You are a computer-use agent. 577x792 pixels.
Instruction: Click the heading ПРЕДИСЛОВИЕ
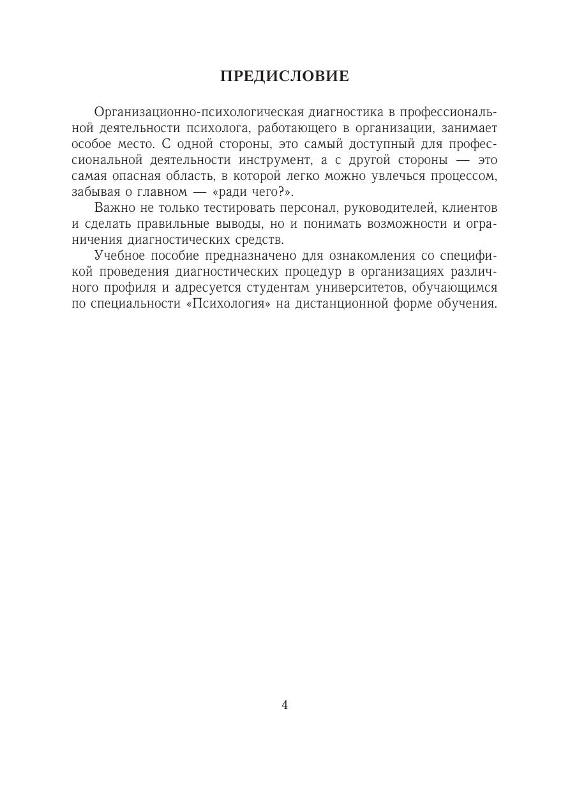tap(285, 77)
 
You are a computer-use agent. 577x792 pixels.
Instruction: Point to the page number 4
tap(285, 705)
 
